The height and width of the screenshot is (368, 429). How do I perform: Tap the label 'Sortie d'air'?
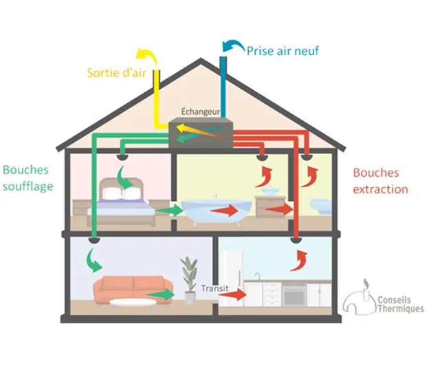[x=116, y=72]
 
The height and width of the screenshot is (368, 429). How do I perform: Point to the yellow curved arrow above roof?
[x=144, y=56]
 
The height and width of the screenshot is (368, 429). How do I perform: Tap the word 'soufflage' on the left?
[x=28, y=186]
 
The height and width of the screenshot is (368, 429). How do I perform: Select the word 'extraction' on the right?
[x=380, y=189]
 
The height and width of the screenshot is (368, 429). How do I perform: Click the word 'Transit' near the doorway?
[x=214, y=288]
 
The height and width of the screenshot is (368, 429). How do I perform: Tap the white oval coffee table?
[x=131, y=303]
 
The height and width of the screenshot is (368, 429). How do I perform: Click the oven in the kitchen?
[x=294, y=295]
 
